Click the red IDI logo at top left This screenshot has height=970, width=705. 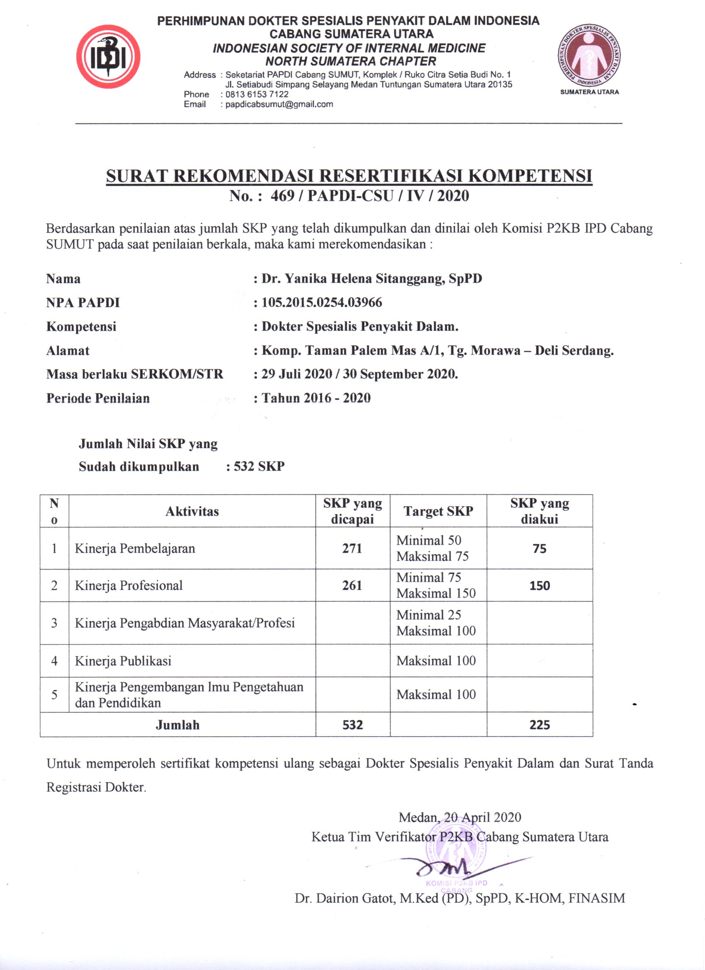[x=108, y=57]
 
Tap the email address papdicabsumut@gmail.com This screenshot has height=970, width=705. [x=279, y=104]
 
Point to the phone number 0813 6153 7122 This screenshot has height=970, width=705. [x=257, y=94]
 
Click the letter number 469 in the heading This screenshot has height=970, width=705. [x=282, y=196]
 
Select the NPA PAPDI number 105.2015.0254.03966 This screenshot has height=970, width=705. [x=322, y=303]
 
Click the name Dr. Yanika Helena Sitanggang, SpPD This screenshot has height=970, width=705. [x=371, y=279]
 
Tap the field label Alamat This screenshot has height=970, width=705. [x=68, y=351]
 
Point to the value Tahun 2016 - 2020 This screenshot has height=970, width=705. [x=316, y=398]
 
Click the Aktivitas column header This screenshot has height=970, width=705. [x=192, y=512]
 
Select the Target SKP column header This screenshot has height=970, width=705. [x=438, y=512]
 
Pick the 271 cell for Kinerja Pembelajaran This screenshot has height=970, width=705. [x=352, y=548]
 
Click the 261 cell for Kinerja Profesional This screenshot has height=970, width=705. [x=352, y=585]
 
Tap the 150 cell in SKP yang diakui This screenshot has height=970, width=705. [x=540, y=585]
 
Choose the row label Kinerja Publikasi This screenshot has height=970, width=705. [x=123, y=661]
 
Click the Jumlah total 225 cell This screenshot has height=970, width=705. [x=540, y=725]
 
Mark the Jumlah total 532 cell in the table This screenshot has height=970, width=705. [x=352, y=725]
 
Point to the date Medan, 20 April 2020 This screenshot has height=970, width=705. [x=459, y=817]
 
